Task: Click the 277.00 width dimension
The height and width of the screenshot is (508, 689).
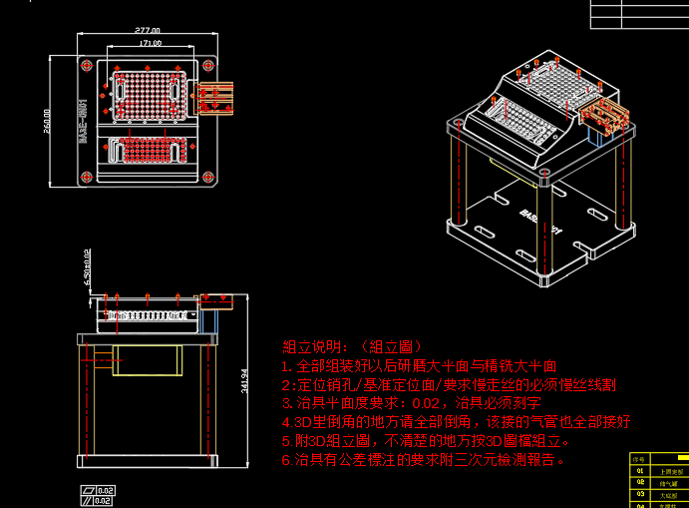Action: [x=148, y=32]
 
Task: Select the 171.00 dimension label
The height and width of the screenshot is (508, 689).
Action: [x=151, y=44]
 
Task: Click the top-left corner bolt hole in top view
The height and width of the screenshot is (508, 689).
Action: [x=88, y=64]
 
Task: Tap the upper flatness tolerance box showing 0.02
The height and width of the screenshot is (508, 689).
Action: [x=100, y=489]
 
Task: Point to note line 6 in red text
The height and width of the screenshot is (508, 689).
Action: [x=424, y=460]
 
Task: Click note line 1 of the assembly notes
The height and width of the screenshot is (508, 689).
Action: [x=419, y=365]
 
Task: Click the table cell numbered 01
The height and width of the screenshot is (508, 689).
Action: [x=639, y=470]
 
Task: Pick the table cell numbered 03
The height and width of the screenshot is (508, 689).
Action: [x=639, y=494]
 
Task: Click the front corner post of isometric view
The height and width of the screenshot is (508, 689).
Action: [x=545, y=230]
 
